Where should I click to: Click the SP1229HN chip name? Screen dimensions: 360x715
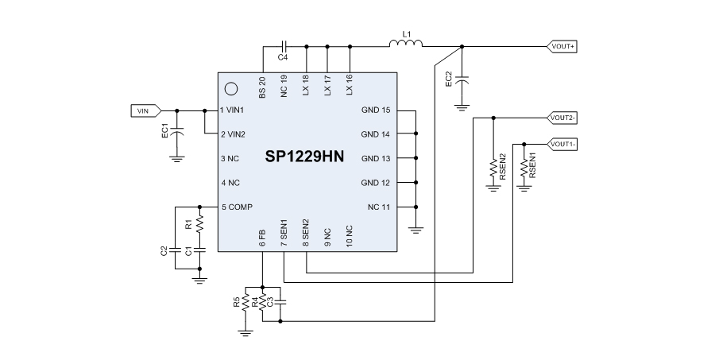pyautogui.click(x=305, y=157)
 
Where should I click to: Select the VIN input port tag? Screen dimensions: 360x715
pyautogui.click(x=145, y=110)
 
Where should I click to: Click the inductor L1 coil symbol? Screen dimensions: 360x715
pyautogui.click(x=406, y=45)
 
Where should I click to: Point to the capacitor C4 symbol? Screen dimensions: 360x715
pyautogui.click(x=284, y=46)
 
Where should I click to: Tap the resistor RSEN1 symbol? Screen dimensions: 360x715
pyautogui.click(x=524, y=168)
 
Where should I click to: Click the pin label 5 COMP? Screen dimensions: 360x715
pyautogui.click(x=237, y=207)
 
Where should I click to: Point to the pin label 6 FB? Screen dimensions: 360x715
pyautogui.click(x=262, y=238)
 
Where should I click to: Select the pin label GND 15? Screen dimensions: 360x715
pyautogui.click(x=375, y=110)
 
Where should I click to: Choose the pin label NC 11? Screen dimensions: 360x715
pyautogui.click(x=378, y=207)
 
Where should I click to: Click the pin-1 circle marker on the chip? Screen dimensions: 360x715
pyautogui.click(x=231, y=89)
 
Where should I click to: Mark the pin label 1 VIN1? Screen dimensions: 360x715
pyautogui.click(x=237, y=110)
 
